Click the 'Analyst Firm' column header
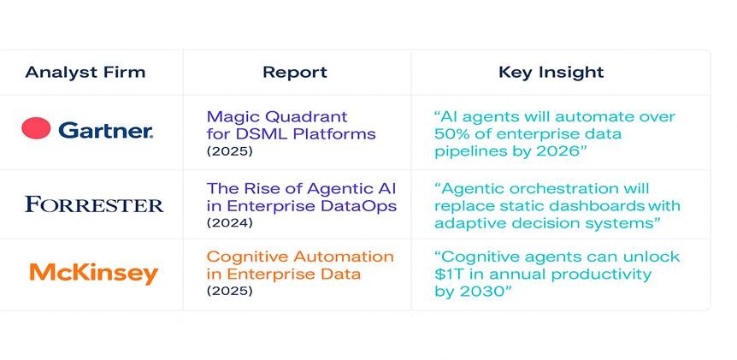coord(85,73)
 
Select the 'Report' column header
coord(295,73)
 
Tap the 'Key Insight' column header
coord(551,73)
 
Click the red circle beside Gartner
coord(36,128)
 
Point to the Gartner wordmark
coord(106,130)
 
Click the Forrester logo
coord(94,204)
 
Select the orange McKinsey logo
coord(93,273)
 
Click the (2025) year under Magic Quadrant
coord(230,152)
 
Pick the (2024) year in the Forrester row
coord(230,222)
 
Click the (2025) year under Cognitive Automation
coord(230,291)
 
